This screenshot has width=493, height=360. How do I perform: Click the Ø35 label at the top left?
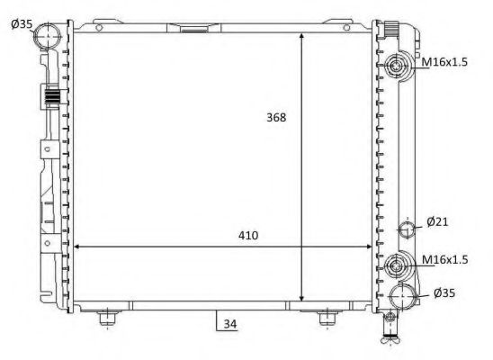click(21, 24)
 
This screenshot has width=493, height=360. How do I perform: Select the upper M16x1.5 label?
click(446, 64)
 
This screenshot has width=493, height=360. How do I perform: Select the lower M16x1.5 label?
click(446, 260)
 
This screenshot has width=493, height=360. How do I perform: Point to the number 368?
click(278, 118)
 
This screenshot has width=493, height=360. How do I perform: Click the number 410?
click(248, 236)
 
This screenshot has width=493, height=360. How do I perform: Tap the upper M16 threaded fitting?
click(399, 66)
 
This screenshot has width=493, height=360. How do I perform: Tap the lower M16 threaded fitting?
click(399, 266)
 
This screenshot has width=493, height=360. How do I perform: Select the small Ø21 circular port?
click(407, 229)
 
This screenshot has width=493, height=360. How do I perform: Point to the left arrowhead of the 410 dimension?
click(76, 247)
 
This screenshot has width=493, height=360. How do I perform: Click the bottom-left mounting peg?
click(107, 317)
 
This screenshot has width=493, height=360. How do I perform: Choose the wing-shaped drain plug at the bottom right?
click(389, 339)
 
